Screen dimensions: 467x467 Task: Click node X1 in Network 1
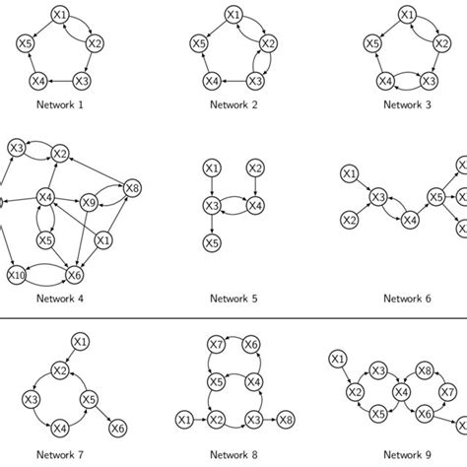[x=61, y=16]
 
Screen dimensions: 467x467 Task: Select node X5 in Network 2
[x=198, y=43]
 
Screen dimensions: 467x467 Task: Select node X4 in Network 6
[x=410, y=220]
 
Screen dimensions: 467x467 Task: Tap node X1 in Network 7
[x=81, y=341]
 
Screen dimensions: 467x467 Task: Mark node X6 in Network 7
[x=118, y=427]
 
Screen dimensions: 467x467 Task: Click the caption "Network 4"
[x=61, y=299]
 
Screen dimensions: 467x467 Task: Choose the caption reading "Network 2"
[x=233, y=103]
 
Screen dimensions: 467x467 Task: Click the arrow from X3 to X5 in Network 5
[x=211, y=223]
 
